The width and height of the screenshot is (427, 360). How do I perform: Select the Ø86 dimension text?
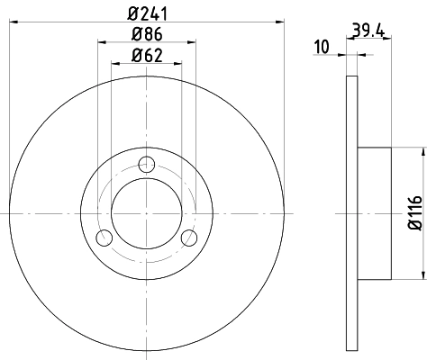click(146, 36)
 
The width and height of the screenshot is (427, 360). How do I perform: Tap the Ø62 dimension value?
click(146, 57)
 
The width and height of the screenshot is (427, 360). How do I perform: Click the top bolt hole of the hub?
click(146, 165)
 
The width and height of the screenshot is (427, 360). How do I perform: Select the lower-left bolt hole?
click(104, 238)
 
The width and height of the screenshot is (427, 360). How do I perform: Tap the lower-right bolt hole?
click(188, 238)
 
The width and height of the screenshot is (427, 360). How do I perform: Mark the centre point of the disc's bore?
click(146, 213)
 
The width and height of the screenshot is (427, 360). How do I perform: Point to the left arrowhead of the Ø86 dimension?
click(100, 43)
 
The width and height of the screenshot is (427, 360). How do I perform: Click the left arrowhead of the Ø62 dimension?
click(114, 64)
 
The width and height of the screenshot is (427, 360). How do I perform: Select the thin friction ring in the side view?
click(352, 212)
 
